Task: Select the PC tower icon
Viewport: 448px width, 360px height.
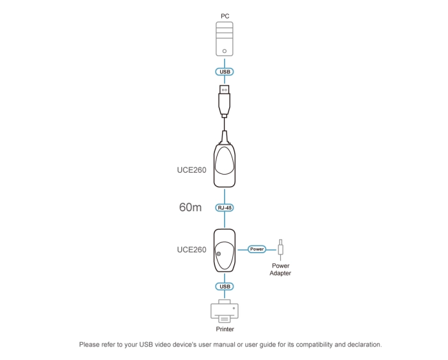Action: click(x=224, y=39)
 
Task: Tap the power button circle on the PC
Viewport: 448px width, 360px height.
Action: click(x=224, y=50)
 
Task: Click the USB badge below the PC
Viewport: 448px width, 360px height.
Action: click(x=224, y=72)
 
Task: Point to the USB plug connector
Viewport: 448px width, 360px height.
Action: click(x=224, y=99)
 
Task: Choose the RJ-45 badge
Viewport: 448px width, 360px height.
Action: click(x=224, y=208)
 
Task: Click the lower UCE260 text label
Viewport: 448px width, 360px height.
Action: click(x=191, y=249)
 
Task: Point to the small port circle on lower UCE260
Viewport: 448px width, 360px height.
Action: click(x=219, y=254)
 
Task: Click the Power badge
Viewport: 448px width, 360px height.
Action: click(x=256, y=249)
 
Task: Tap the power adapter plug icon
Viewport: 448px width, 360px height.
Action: click(x=280, y=248)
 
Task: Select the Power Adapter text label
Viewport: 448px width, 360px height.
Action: click(x=281, y=269)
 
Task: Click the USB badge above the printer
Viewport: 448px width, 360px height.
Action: click(x=224, y=286)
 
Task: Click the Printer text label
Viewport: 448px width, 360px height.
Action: click(x=224, y=329)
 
